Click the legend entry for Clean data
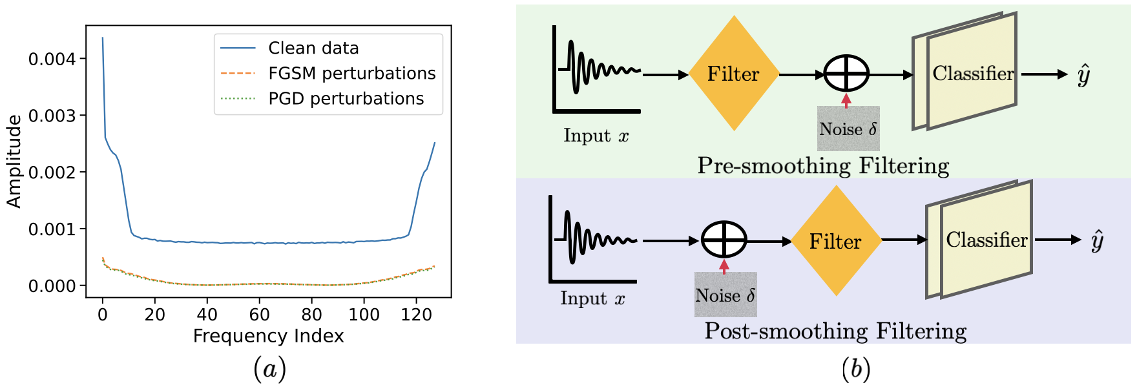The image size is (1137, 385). (313, 48)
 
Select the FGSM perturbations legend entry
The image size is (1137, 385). (352, 74)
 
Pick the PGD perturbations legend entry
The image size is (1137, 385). (346, 99)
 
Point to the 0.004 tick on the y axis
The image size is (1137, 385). (52, 59)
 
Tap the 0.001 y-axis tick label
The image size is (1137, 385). (52, 229)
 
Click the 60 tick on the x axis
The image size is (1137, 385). (259, 315)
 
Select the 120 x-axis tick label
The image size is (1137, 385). (416, 315)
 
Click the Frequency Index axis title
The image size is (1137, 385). (268, 336)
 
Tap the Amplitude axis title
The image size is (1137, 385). (14, 161)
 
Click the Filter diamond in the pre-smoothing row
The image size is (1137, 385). (733, 74)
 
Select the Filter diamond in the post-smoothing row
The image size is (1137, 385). (836, 241)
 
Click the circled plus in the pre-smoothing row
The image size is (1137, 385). (846, 74)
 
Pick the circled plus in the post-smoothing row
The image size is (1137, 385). (724, 240)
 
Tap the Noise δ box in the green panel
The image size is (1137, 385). (848, 129)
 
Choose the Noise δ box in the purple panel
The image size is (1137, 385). (725, 295)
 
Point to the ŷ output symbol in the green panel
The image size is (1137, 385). (1084, 75)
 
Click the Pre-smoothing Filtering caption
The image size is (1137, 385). (823, 166)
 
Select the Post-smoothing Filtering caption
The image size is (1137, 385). (835, 331)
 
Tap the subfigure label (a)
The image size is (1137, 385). (269, 369)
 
